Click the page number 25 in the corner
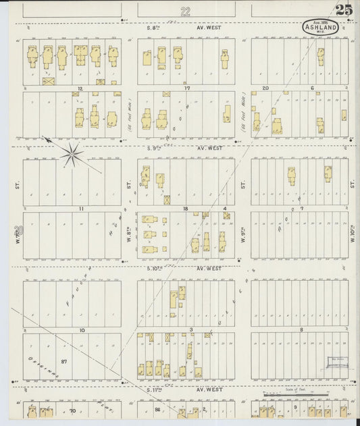coord(343,9)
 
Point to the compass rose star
coord(72,154)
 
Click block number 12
coord(79,88)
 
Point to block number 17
coord(186,88)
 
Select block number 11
coord(80,209)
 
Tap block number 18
coord(185,209)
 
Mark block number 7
coord(302,209)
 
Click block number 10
coord(81,330)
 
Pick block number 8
coord(301,330)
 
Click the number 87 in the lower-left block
coord(65,363)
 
